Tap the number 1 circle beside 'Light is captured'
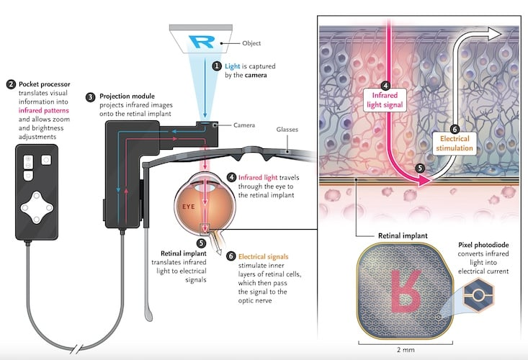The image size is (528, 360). tap(217, 66)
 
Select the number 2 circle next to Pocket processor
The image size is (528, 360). tap(10, 84)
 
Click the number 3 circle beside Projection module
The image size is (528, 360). tap(90, 96)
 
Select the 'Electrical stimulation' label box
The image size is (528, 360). tap(455, 143)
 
